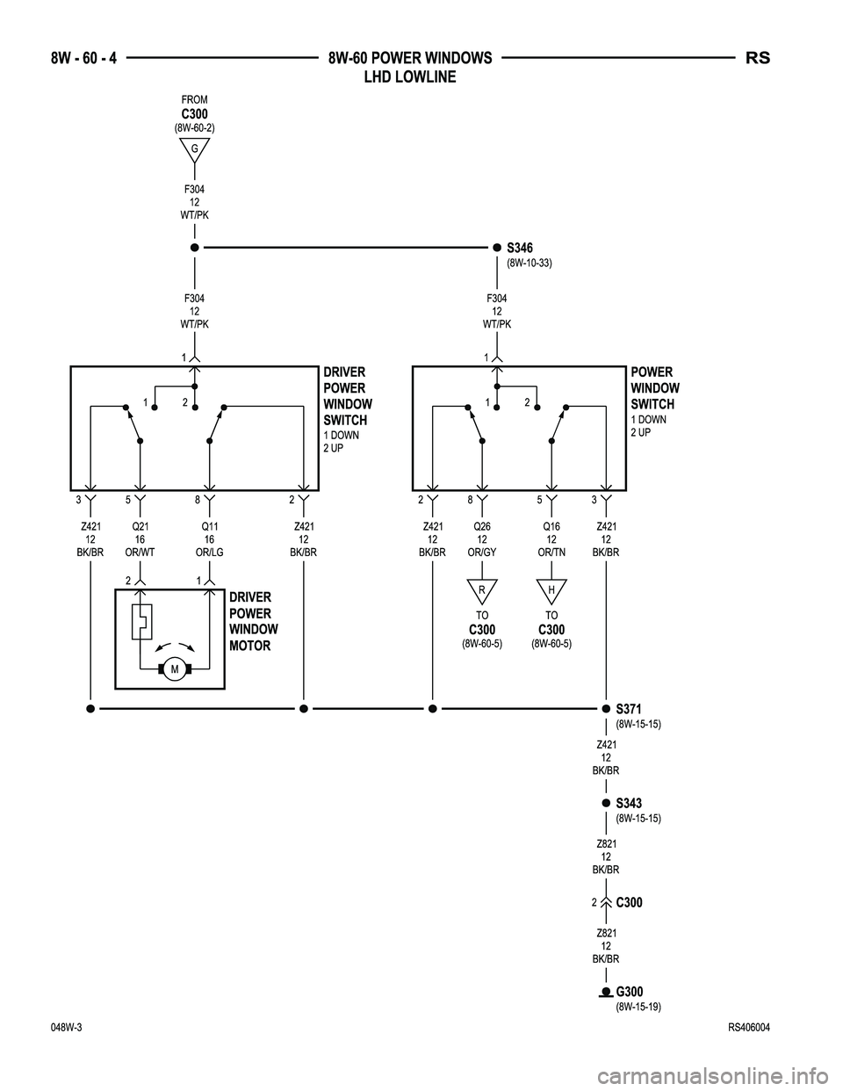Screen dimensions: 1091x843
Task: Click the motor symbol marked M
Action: pos(175,670)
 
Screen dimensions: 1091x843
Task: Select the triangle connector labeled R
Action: pos(482,589)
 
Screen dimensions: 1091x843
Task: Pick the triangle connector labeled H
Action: pos(551,589)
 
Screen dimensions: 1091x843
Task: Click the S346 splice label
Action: pos(520,249)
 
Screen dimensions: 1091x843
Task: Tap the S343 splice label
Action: pos(629,804)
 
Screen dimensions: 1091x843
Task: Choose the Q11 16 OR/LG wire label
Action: pos(210,539)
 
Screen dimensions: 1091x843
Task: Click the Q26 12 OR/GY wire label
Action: pos(482,539)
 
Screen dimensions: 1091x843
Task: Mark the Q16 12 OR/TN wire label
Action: pos(551,539)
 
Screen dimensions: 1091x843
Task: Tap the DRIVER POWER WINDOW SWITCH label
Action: pos(347,396)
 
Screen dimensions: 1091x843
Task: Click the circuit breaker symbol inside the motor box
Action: pos(140,621)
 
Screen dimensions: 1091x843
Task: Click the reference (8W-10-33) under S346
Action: pos(529,263)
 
